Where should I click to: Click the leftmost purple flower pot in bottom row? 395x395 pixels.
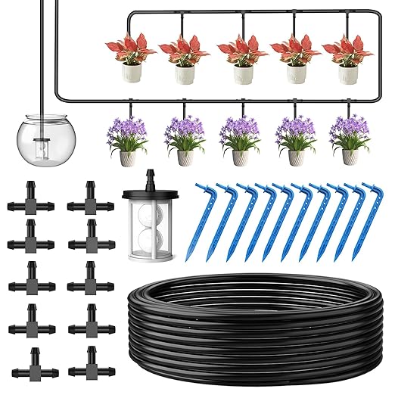(x=129, y=157)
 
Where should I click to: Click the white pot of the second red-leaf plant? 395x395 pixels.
(x=184, y=74)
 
